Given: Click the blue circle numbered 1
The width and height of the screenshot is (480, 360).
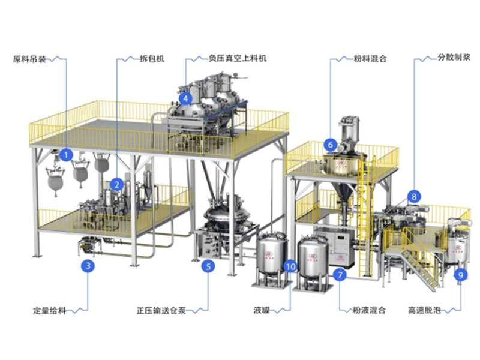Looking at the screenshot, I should [x=67, y=155].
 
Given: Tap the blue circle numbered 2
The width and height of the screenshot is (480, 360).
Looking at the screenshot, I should [x=118, y=185].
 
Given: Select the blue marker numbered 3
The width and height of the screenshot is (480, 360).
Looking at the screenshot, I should [x=88, y=265].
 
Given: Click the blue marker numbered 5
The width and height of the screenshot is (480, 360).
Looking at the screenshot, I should [x=208, y=266].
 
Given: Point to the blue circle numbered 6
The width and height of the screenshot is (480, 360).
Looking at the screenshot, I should [x=329, y=144].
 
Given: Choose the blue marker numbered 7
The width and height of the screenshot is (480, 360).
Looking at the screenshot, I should [x=340, y=275].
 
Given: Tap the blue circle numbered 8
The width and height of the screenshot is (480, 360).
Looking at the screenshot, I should [x=413, y=196].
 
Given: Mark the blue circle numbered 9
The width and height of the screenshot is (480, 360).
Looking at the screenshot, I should [x=461, y=275].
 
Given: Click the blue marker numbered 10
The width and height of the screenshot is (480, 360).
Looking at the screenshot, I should [x=290, y=265].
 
